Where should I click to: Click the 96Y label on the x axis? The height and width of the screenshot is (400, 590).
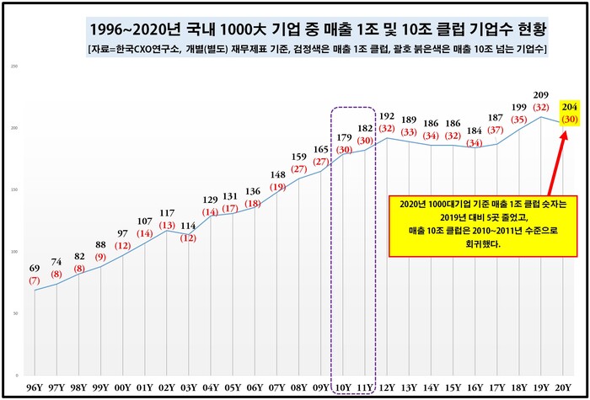tap(35, 387)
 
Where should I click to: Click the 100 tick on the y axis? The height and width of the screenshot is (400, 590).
tap(15, 251)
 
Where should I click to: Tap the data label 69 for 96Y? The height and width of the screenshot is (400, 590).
tap(35, 269)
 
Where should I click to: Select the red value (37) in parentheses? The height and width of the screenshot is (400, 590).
tap(496, 130)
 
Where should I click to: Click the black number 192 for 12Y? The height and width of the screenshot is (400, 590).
tap(387, 116)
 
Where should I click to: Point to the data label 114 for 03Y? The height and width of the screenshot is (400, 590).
tap(189, 226)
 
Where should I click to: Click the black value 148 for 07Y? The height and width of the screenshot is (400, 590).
tap(277, 174)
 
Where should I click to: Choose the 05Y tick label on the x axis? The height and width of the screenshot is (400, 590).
tap(233, 387)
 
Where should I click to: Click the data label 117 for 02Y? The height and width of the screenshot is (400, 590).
tap(167, 213)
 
